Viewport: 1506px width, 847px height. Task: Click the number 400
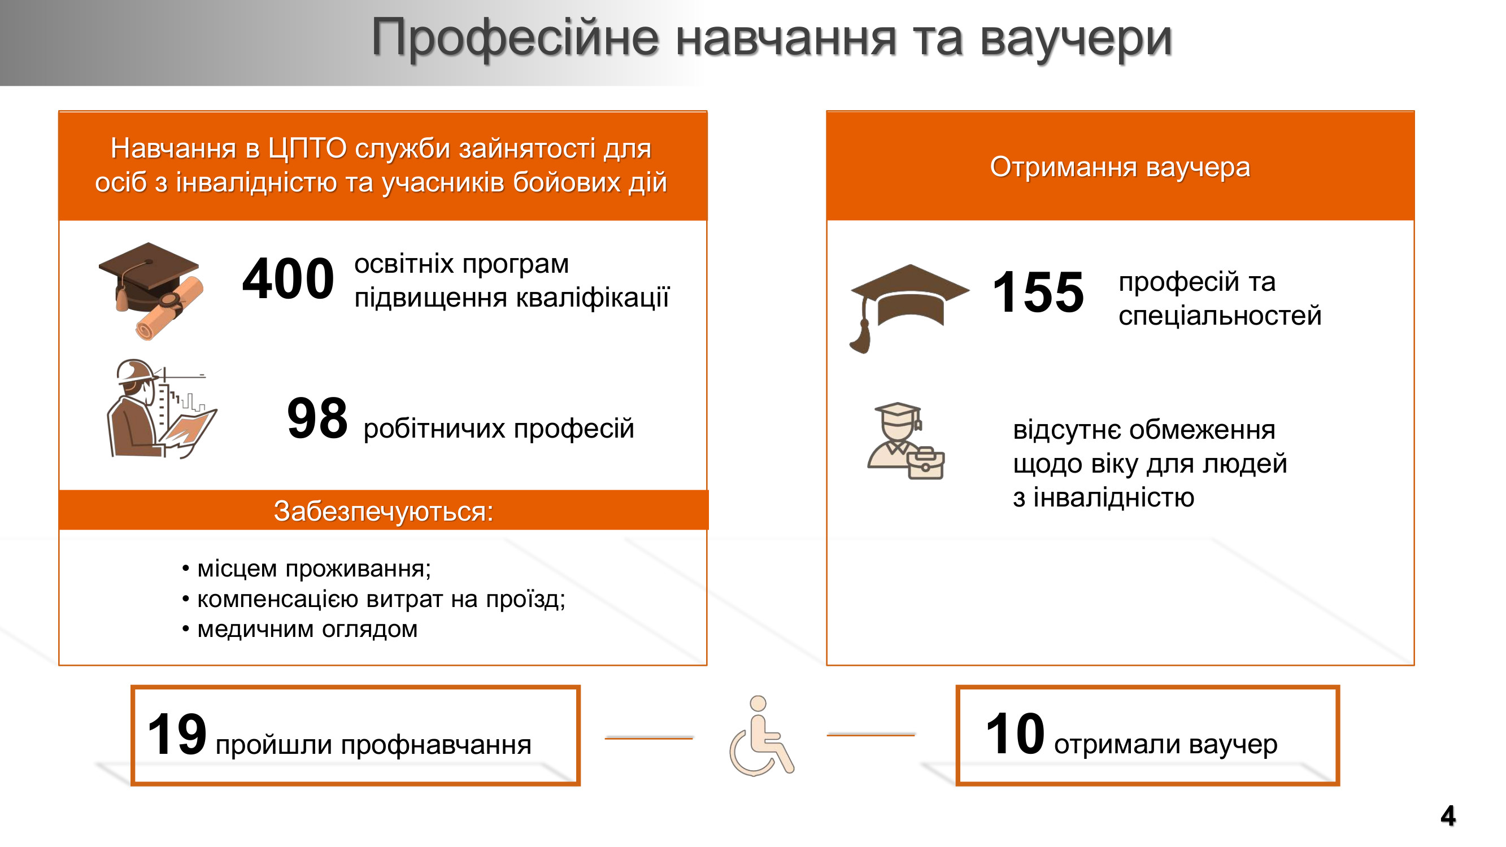(288, 279)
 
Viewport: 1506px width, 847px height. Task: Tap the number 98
(317, 418)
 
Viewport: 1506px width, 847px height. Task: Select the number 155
(1038, 292)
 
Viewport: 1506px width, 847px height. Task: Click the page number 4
(1448, 816)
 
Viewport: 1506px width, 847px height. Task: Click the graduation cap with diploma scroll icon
(151, 290)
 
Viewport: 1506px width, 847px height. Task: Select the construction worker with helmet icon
(162, 409)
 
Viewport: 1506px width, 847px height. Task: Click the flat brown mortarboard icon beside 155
(909, 308)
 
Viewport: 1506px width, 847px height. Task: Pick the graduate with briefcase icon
(906, 441)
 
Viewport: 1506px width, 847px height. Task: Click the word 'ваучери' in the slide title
(1076, 38)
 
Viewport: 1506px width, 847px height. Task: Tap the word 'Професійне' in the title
(515, 38)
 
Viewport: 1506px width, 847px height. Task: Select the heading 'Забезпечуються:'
(384, 512)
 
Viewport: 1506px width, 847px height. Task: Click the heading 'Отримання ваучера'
(1120, 167)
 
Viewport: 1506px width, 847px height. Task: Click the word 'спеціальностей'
(1220, 316)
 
